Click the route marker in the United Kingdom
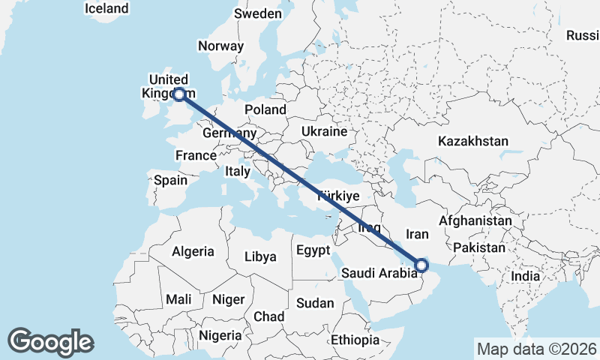(179, 94)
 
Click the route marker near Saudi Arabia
(421, 265)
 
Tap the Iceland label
(106, 9)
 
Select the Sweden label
(258, 13)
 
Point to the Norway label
(220, 46)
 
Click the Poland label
(265, 109)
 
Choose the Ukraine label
(324, 131)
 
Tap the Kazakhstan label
(473, 141)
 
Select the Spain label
(170, 180)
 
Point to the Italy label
(238, 171)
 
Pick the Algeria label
(193, 252)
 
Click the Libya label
(260, 256)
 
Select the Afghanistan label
(475, 221)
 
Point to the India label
(526, 276)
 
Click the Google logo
(50, 342)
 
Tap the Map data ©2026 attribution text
(536, 349)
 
